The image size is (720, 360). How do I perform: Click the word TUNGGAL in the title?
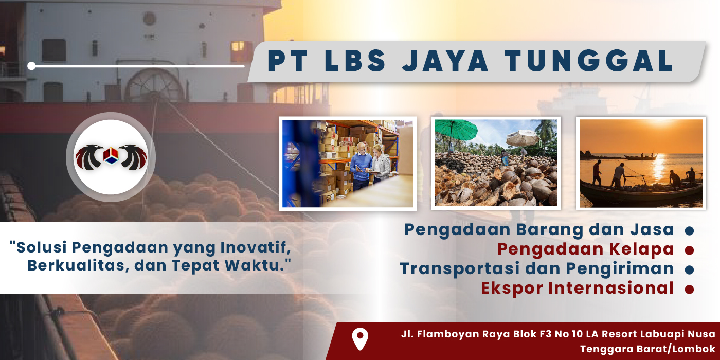click(x=589, y=61)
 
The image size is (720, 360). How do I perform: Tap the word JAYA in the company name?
click(x=445, y=61)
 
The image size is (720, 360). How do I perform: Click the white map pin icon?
click(x=360, y=339)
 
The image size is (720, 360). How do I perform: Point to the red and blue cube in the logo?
click(x=111, y=155)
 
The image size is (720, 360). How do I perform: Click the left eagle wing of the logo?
click(x=88, y=157)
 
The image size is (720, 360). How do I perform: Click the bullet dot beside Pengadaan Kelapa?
click(x=689, y=250)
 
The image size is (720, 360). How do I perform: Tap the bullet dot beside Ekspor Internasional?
click(x=689, y=289)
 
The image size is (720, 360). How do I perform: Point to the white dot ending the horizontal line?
click(x=31, y=66)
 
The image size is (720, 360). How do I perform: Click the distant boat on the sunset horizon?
click(x=640, y=157)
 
